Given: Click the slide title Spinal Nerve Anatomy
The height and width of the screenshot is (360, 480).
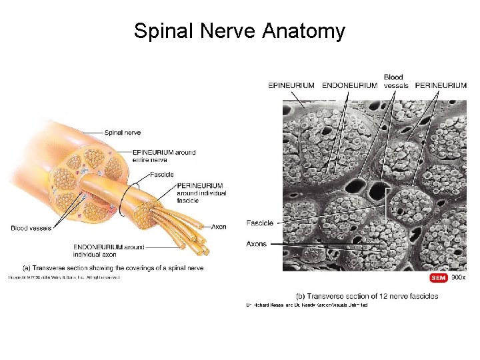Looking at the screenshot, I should tap(239, 31).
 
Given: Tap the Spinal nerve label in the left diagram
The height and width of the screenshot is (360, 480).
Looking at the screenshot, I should tap(122, 133).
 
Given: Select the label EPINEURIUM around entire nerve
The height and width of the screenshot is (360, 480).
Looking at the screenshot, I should tap(164, 156).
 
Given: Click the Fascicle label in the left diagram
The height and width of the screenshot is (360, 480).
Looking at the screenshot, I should tap(161, 175).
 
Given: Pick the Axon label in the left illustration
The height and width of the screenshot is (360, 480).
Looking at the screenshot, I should tap(218, 227).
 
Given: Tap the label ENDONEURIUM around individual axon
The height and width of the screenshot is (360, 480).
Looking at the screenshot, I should tap(109, 251).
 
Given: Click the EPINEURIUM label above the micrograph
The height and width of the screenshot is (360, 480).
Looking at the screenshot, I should tap(291, 85).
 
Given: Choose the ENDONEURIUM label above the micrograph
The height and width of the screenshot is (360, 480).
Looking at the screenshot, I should tap(349, 85).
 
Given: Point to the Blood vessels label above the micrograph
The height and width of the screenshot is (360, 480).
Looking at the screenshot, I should tap(395, 81).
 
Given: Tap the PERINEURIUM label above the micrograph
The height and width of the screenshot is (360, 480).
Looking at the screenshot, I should tap(441, 85).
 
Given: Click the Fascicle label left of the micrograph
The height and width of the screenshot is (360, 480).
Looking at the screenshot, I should tap(259, 223).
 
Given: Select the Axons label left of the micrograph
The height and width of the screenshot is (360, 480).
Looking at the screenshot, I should tap(257, 244).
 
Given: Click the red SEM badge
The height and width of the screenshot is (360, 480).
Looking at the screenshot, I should tap(438, 277).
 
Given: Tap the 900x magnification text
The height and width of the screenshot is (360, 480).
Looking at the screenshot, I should tap(458, 277).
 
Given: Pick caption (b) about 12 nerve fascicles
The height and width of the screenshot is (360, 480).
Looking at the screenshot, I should tap(367, 295).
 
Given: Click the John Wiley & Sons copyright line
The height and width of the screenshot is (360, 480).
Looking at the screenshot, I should tap(64, 276).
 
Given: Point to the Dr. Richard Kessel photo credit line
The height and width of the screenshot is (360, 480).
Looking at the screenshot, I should tap(307, 305).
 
